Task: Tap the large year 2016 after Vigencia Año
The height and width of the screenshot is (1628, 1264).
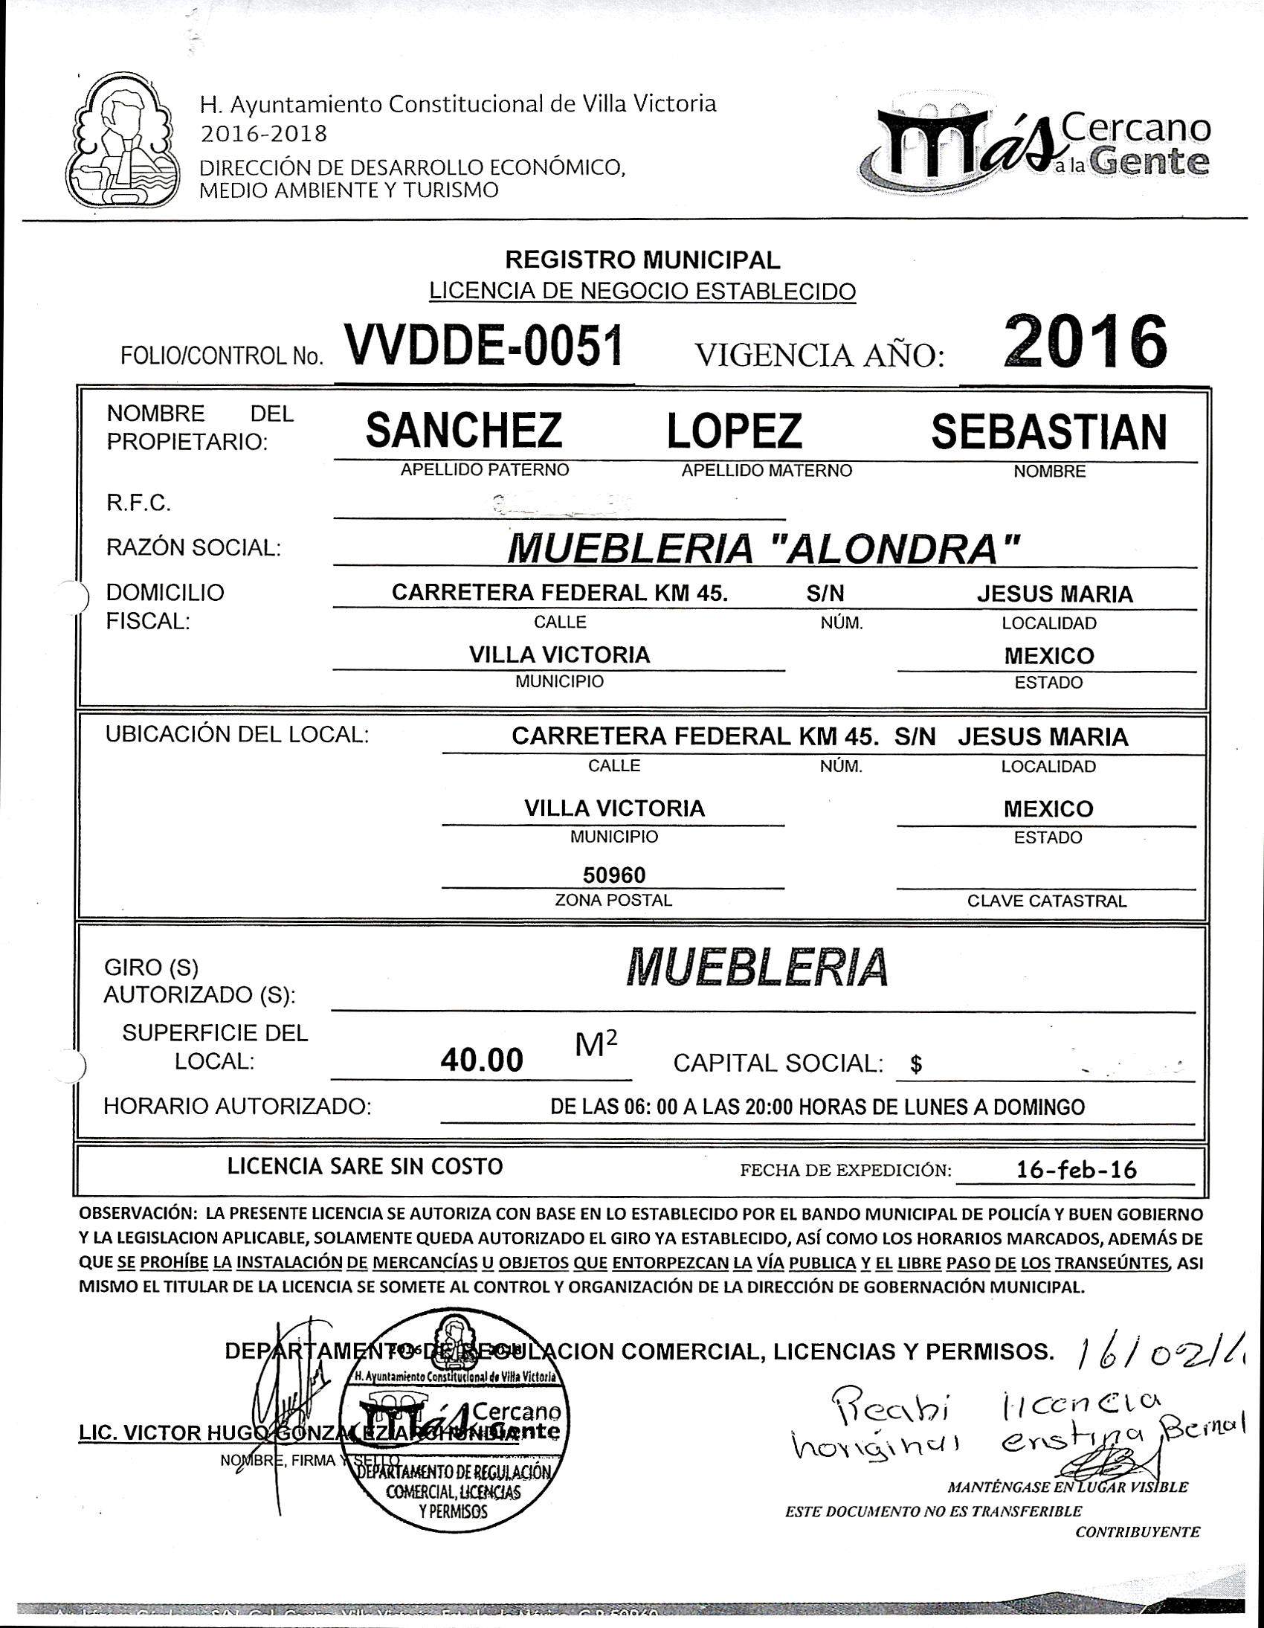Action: (x=1084, y=342)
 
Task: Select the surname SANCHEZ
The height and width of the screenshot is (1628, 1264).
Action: (x=463, y=431)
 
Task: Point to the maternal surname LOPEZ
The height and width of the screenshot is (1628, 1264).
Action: (x=734, y=431)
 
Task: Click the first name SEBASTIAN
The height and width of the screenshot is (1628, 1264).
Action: (x=1048, y=431)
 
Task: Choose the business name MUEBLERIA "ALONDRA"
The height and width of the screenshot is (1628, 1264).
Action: (x=762, y=550)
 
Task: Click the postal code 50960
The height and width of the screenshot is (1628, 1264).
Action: (x=614, y=875)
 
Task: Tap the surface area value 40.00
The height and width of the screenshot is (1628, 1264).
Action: (x=482, y=1060)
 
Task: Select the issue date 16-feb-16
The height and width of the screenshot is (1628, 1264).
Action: (x=1076, y=1170)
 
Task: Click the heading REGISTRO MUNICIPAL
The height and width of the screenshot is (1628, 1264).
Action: (x=642, y=260)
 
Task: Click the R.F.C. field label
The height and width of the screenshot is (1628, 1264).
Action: (x=138, y=504)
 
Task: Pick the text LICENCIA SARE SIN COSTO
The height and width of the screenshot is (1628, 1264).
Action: (x=364, y=1166)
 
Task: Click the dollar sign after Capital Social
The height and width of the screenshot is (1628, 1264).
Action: (x=916, y=1065)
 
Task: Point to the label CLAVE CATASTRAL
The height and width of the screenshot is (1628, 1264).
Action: (x=1046, y=901)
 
